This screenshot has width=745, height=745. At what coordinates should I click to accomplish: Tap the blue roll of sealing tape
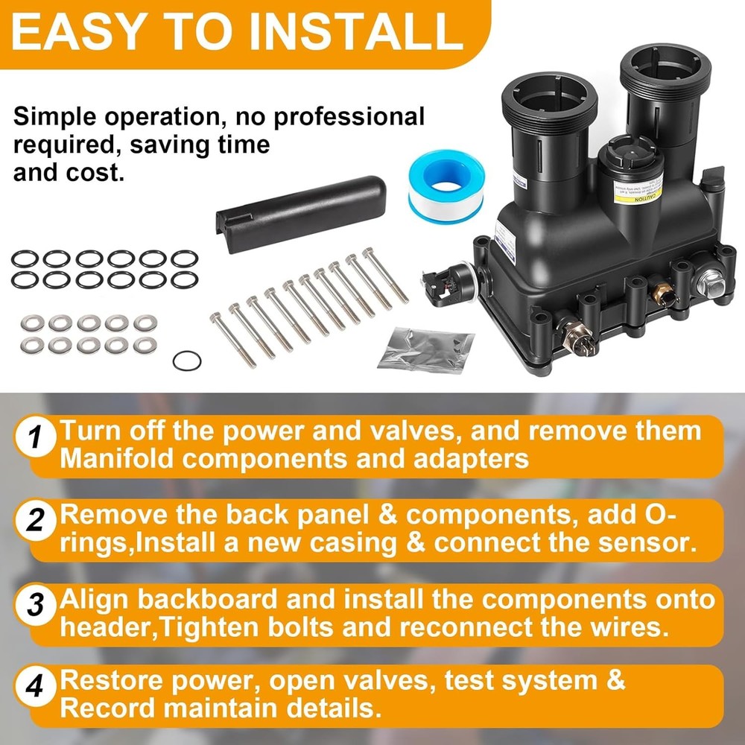tap(446, 183)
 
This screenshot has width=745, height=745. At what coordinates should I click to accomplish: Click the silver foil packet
tap(426, 349)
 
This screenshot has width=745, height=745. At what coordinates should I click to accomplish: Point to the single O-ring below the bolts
tap(187, 361)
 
